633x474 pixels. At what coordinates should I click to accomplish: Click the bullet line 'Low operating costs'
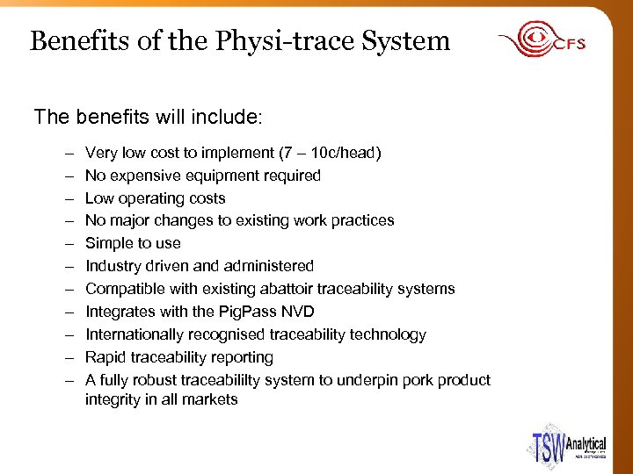(x=155, y=198)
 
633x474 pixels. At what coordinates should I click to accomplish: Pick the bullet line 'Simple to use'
(x=133, y=243)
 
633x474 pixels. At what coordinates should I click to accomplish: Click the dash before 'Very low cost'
(x=69, y=153)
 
